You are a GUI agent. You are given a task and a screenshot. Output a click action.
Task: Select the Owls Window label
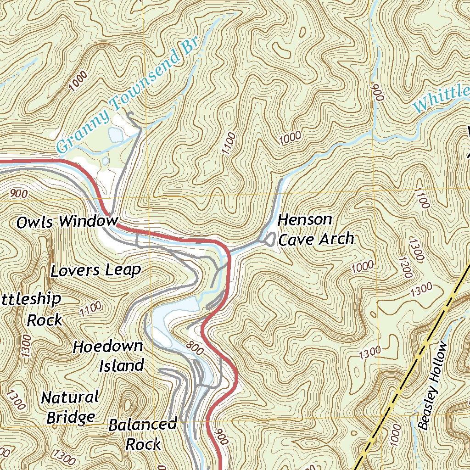click(x=67, y=222)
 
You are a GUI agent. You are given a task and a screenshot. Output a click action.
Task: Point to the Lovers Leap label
click(x=95, y=270)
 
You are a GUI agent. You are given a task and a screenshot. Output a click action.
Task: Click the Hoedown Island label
click(x=108, y=356)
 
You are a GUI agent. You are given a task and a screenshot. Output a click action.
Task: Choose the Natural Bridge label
click(x=70, y=407)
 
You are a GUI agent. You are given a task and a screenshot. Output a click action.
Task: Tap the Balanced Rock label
click(x=143, y=434)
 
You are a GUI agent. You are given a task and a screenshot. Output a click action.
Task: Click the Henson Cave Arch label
click(x=316, y=229)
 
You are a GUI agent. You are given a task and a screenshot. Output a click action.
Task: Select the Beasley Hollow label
click(x=432, y=386)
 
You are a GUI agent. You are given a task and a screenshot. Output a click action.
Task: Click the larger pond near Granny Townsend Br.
click(x=115, y=134)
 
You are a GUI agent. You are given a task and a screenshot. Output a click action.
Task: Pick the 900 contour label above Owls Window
click(x=18, y=194)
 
